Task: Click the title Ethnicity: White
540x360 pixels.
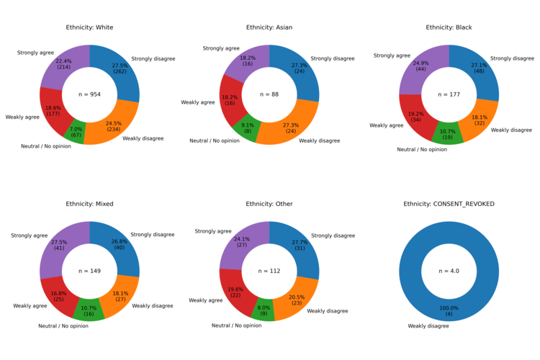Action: (89, 27)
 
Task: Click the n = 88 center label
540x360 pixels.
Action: (269, 94)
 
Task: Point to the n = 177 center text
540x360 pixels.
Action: (449, 94)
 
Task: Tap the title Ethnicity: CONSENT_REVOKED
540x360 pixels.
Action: (449, 204)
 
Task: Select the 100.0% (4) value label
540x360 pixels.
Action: (449, 311)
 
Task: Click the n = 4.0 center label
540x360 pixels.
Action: (449, 271)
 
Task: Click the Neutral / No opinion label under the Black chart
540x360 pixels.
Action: (422, 149)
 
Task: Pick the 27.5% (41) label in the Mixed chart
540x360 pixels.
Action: (59, 246)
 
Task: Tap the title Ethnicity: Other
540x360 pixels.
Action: (269, 204)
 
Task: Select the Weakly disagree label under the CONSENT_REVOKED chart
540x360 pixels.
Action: (428, 326)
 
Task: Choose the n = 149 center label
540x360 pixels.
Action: (89, 271)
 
